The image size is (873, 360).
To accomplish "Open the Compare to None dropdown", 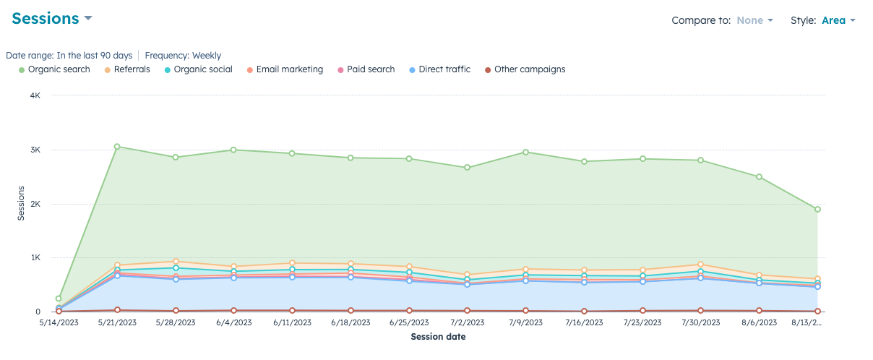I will point(754,20).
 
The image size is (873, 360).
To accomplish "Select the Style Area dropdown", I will point(838,20).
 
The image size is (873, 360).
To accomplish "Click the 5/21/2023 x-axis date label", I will point(117,323).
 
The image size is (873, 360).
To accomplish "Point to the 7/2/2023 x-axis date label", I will point(468,323).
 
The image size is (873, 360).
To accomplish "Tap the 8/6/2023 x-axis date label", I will point(759,323).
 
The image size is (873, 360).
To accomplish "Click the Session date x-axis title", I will point(438,337).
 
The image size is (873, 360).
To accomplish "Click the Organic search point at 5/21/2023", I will point(117,147).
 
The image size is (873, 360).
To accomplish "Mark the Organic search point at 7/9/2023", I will point(525,152).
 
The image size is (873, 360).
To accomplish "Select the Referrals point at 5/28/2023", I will point(176,262).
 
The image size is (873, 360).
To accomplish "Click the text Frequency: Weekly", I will point(183,56).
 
